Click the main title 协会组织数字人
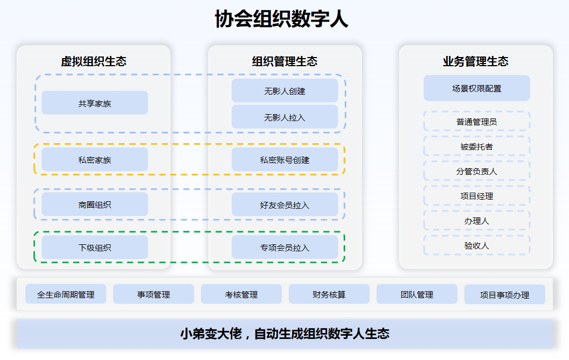(282, 19)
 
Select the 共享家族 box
(95, 103)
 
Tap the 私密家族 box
(95, 159)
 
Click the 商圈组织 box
(95, 204)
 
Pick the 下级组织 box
(95, 248)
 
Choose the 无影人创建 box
(285, 90)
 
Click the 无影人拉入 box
(285, 117)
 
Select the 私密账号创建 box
(285, 159)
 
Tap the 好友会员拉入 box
(285, 204)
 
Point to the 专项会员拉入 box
(285, 247)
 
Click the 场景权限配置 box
(477, 88)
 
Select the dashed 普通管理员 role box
(477, 121)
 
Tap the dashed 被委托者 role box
(477, 146)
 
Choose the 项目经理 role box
(477, 196)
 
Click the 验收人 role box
(477, 245)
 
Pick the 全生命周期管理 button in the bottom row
(66, 294)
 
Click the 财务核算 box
(329, 294)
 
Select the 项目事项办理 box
(505, 294)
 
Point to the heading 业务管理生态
(476, 61)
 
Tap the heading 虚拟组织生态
(94, 61)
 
